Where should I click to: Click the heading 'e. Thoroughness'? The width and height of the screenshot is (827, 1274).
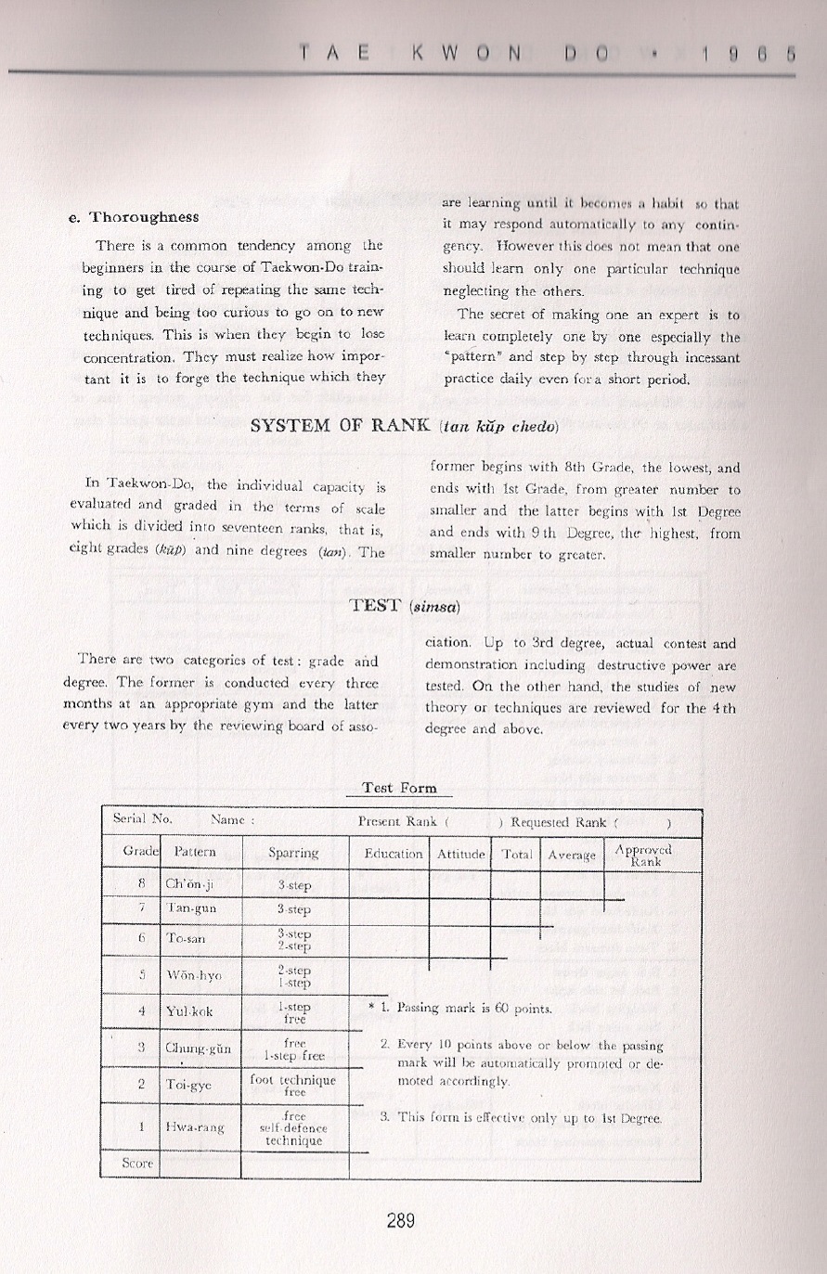pyautogui.click(x=134, y=217)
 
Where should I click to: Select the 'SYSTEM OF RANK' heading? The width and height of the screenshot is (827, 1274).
pyautogui.click(x=341, y=427)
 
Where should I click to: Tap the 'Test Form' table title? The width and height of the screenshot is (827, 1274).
pyautogui.click(x=399, y=788)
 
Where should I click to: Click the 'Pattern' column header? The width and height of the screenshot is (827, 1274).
pyautogui.click(x=195, y=852)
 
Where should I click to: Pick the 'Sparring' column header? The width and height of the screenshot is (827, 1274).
pyautogui.click(x=293, y=853)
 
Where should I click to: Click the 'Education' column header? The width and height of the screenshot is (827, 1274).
pyautogui.click(x=394, y=854)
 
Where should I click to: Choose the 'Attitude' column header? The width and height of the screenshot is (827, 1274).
pyautogui.click(x=461, y=854)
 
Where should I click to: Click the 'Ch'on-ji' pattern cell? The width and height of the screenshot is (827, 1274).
pyautogui.click(x=189, y=884)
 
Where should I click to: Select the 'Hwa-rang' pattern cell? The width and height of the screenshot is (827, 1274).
pyautogui.click(x=195, y=1127)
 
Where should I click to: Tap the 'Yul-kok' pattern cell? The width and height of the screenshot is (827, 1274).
pyautogui.click(x=189, y=1011)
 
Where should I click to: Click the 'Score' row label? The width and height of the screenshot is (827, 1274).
pyautogui.click(x=137, y=1164)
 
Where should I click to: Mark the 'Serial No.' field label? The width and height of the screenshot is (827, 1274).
pyautogui.click(x=142, y=819)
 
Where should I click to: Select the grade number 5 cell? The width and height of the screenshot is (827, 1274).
pyautogui.click(x=142, y=974)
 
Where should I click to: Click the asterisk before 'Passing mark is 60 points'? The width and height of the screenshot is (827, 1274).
pyautogui.click(x=371, y=1007)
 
